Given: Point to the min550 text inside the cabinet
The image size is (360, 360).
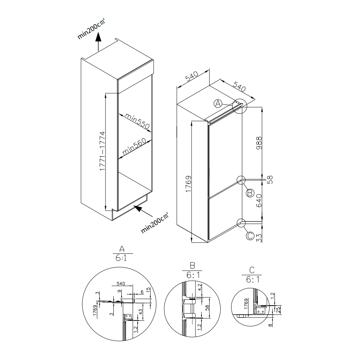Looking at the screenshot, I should click(137, 121).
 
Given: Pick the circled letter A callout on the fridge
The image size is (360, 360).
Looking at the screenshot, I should click(218, 104).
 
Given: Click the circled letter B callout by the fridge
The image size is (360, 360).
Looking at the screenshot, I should click(250, 193).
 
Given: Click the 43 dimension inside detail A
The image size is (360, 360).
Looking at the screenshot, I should click(141, 311).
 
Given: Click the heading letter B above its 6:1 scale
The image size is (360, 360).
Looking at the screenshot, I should click(192, 266).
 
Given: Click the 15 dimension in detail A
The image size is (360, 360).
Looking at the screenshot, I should click(148, 291).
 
